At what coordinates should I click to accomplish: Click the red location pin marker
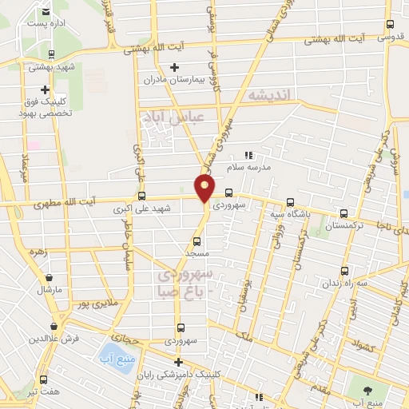[x=205, y=189]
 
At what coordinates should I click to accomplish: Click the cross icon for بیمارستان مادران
[x=174, y=67]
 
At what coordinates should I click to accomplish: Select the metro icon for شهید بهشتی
[x=51, y=55]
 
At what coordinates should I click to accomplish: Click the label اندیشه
[x=272, y=96]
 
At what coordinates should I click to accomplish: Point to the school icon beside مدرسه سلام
[x=248, y=156]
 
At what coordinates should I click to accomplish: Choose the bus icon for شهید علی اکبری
[x=141, y=196]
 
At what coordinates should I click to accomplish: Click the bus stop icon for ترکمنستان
[x=343, y=213]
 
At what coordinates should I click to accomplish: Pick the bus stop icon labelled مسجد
[x=197, y=240]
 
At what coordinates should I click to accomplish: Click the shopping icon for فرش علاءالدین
[x=53, y=326]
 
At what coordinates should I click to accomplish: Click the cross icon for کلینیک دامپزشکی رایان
[x=177, y=362]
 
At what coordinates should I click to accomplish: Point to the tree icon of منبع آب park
[x=367, y=389]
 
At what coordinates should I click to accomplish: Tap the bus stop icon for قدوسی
[x=389, y=25]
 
